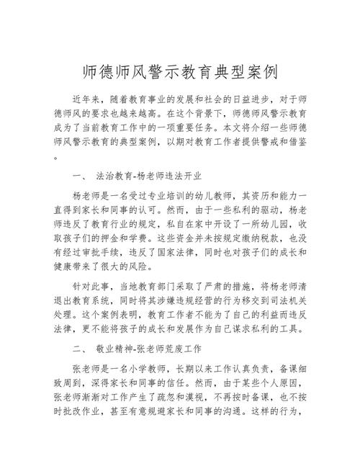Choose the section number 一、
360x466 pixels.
pyautogui.click(x=80, y=176)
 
